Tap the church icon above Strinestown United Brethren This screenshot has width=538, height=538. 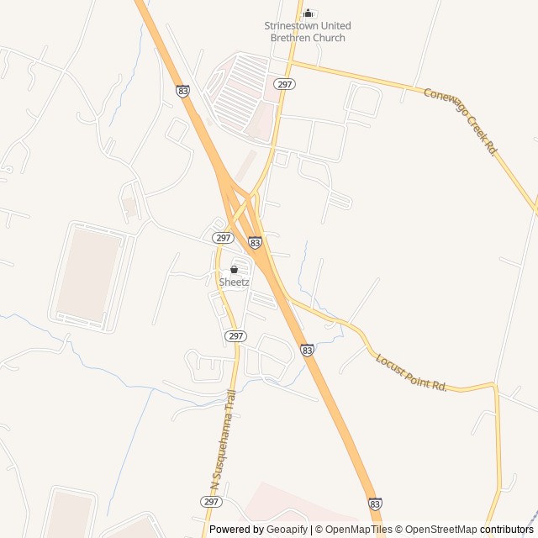[309, 13]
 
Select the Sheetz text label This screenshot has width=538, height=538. [234, 282]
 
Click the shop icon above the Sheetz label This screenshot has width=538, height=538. [234, 269]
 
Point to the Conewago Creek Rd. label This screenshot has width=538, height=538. [461, 121]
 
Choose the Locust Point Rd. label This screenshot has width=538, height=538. [411, 372]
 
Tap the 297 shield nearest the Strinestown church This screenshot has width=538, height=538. [285, 84]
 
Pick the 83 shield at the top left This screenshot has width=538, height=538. [184, 91]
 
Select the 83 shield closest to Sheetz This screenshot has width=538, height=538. [255, 242]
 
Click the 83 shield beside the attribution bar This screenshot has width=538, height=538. [375, 503]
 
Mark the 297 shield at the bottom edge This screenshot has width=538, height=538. [211, 501]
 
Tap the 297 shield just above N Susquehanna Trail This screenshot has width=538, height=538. [236, 335]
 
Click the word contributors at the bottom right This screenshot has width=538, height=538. [507, 530]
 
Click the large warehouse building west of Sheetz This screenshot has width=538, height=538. [91, 273]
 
